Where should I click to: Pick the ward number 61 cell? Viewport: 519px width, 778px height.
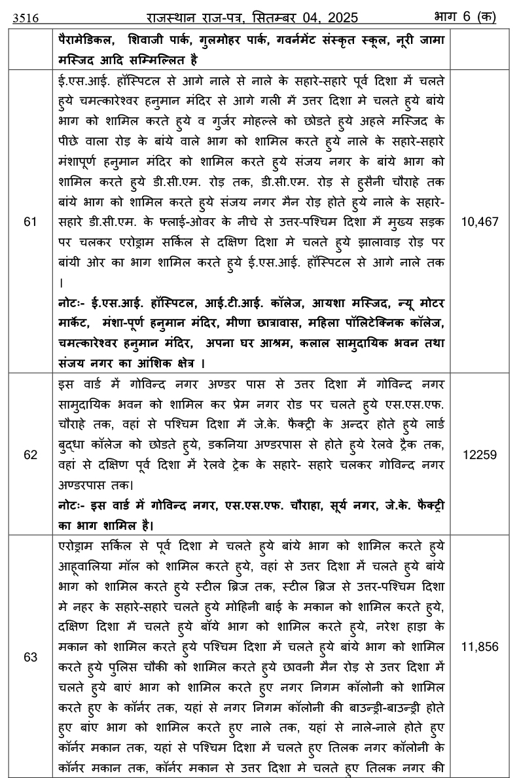(x=30, y=222)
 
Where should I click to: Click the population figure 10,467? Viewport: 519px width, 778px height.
(x=480, y=222)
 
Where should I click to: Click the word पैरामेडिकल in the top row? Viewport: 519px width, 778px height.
(x=85, y=40)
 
